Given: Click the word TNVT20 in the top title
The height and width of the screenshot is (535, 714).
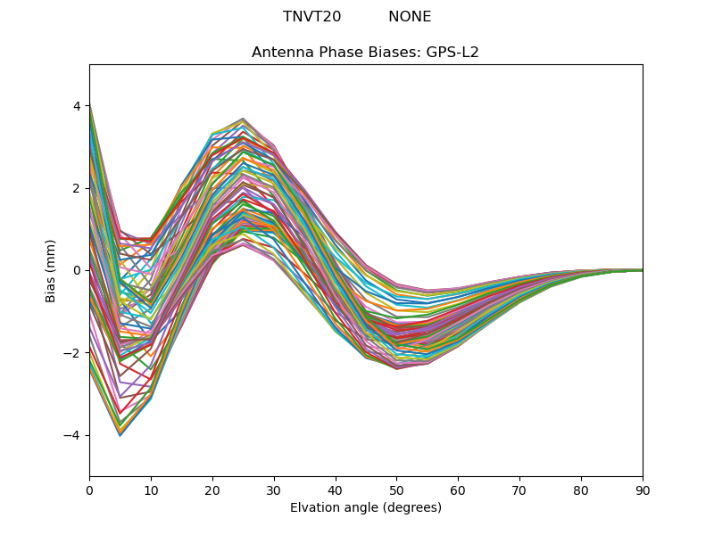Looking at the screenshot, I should tap(311, 17).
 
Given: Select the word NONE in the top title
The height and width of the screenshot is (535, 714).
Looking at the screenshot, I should tap(410, 17).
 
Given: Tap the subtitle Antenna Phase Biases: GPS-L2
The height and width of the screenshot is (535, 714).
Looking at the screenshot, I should tap(365, 52).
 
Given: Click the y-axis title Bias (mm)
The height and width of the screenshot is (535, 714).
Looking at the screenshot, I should tap(51, 270).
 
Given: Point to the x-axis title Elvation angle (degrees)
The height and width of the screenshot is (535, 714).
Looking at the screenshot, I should tap(366, 507).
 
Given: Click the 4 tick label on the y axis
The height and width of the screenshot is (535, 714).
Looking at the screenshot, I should tap(77, 106).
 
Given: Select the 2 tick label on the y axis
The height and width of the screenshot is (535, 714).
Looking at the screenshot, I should tap(77, 188).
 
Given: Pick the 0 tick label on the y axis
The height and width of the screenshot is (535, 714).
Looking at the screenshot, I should tap(77, 270).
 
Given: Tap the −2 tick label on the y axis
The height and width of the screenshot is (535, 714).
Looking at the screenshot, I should tap(73, 353).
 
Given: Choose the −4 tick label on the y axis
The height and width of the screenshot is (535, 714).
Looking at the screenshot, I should tap(73, 435).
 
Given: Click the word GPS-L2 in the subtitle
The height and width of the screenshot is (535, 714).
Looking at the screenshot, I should tap(452, 52).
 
